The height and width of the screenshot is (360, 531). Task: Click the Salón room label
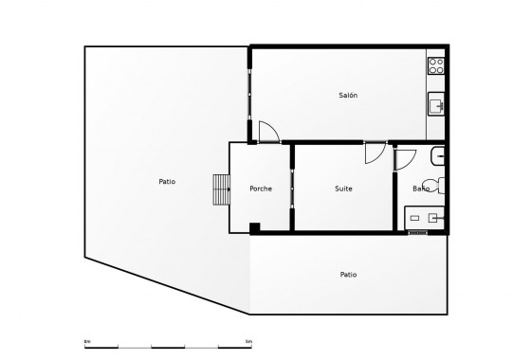click(348, 96)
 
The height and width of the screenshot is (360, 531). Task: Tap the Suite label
click(344, 189)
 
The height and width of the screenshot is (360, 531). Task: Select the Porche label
click(261, 189)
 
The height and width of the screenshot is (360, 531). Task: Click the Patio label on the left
click(167, 182)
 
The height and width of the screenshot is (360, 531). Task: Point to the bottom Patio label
click(349, 275)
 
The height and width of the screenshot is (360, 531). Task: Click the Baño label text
click(421, 189)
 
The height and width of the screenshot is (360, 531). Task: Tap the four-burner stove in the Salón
click(437, 65)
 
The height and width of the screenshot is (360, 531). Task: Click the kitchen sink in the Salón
click(437, 104)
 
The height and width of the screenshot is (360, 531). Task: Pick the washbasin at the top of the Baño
click(439, 155)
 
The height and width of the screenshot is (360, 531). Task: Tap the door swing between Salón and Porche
click(268, 134)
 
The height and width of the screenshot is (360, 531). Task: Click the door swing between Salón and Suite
click(375, 152)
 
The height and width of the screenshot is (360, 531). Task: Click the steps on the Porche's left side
click(222, 191)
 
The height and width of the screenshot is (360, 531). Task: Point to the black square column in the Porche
click(255, 225)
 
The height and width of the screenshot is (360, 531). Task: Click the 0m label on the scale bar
click(87, 340)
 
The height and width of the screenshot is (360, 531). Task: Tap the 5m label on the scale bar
click(248, 340)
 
